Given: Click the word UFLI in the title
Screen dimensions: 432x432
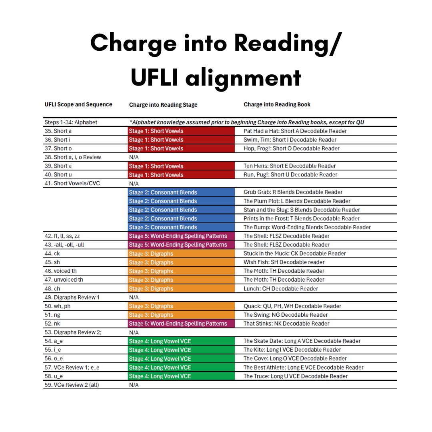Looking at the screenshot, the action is point(154,78).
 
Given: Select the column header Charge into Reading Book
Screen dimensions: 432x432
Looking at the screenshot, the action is point(277,104).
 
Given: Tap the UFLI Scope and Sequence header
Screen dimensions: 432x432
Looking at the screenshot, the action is point(78,104).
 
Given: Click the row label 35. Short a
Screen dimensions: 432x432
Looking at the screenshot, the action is point(58,131).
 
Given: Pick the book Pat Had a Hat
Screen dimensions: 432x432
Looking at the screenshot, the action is point(295,131).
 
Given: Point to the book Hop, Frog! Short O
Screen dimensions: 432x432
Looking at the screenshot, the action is point(292,148).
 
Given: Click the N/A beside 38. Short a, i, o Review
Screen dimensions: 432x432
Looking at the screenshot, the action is point(134,157).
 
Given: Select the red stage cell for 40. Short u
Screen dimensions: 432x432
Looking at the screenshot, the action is point(181,175).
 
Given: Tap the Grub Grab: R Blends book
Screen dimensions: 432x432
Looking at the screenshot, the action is point(293,192).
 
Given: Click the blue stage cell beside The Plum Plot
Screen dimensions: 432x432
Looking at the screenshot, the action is point(181,201).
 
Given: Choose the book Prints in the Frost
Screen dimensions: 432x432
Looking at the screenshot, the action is point(302,218).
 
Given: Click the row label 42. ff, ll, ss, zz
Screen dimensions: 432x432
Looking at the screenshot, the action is point(62,236).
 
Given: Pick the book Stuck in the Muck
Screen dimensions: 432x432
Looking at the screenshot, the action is point(294,254).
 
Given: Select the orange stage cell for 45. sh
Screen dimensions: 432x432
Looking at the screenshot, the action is point(181,262).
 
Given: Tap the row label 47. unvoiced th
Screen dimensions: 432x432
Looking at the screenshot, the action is point(64,280).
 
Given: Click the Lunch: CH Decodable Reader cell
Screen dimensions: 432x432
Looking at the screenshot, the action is point(281,288).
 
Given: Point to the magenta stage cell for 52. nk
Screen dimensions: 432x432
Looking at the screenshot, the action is point(181,324).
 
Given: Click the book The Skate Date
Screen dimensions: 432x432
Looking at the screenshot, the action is point(302,341).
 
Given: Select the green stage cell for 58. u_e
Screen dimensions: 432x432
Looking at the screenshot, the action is point(181,376).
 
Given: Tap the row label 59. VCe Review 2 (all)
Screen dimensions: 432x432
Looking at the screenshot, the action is point(72,385).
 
